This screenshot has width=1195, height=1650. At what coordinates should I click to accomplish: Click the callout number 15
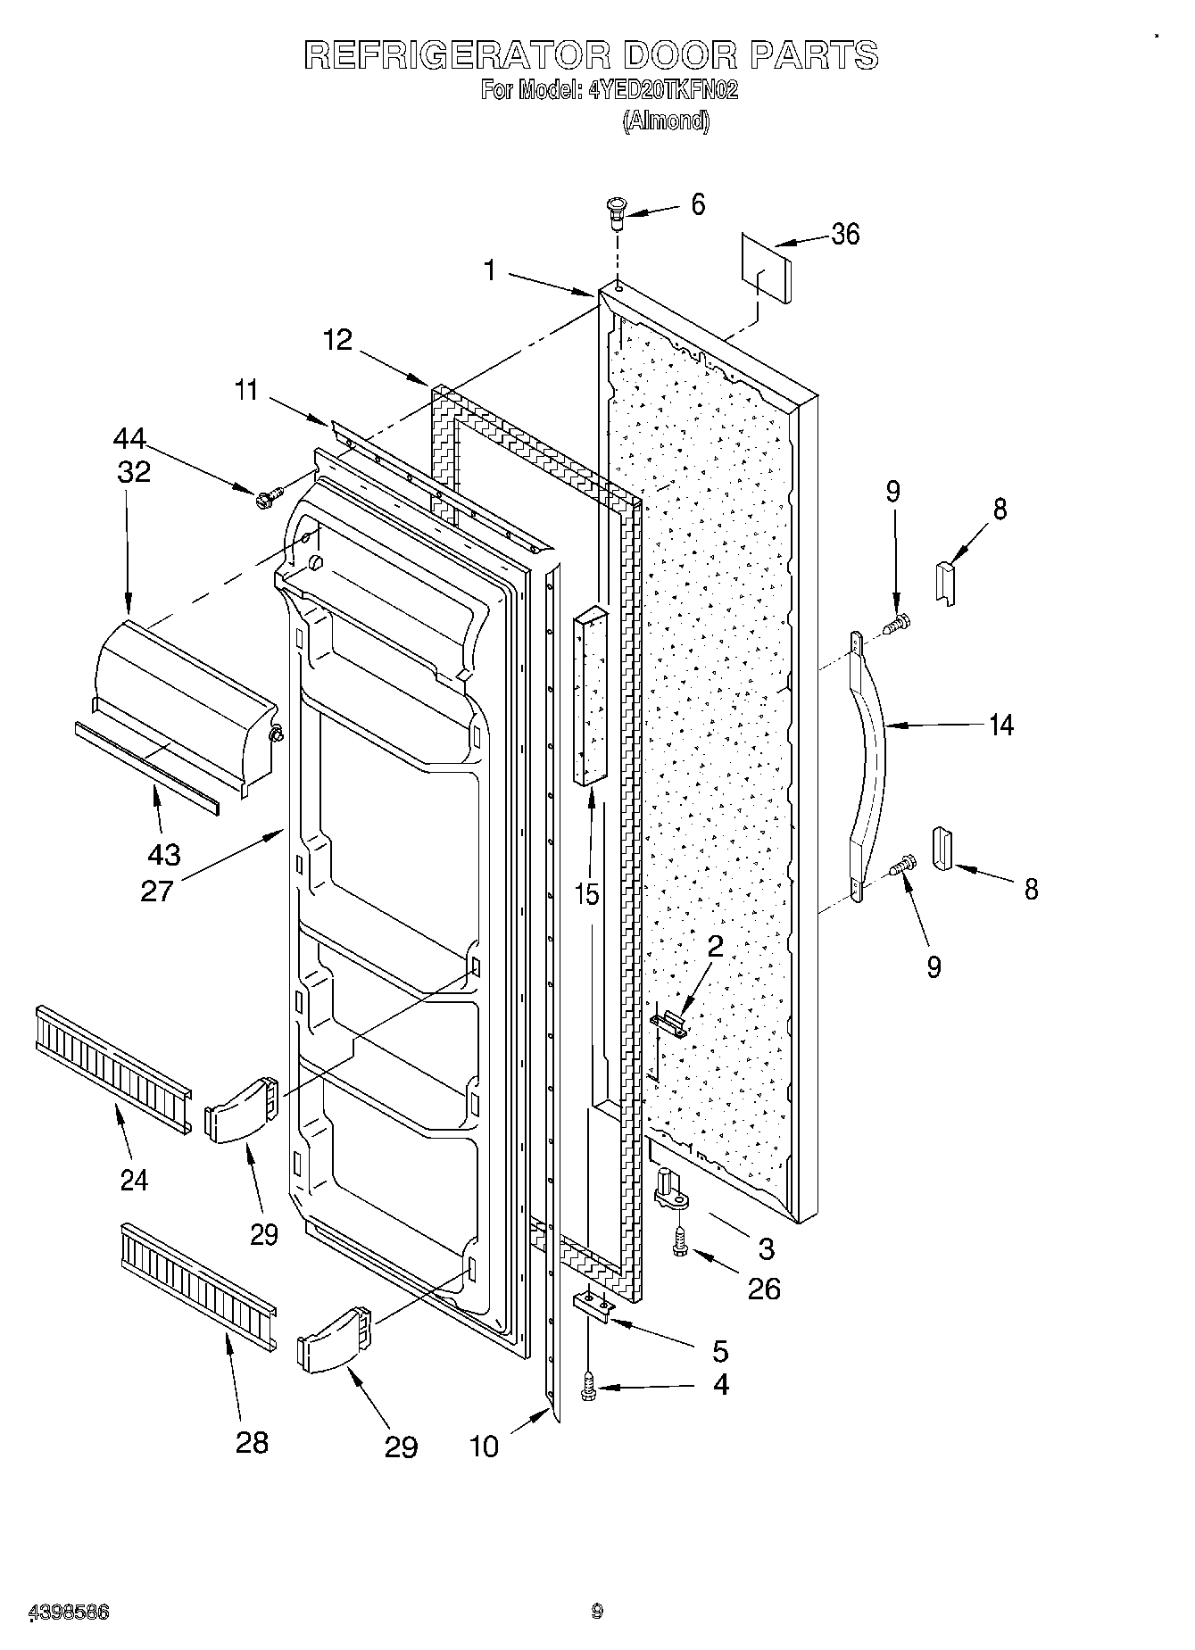pos(586,893)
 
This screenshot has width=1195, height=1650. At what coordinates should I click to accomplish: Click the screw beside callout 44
pos(268,497)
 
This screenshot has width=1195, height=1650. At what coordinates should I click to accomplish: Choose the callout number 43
pos(163,855)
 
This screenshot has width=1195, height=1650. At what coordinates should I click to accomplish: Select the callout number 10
pos(484,1446)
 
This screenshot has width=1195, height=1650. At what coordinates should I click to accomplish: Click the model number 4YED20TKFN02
pos(663,90)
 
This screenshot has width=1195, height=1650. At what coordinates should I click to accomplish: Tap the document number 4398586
pos(71,1612)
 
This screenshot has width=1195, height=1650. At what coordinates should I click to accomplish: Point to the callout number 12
pos(338,340)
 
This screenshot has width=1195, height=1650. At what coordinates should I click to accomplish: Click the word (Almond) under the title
pos(666,120)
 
